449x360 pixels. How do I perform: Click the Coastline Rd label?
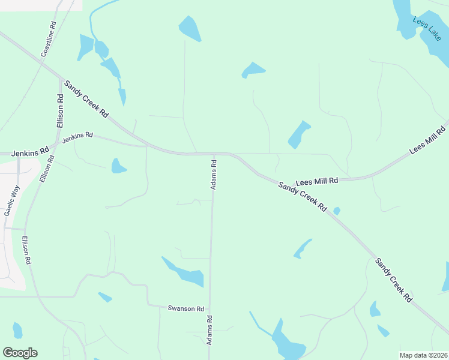pyautogui.click(x=49, y=40)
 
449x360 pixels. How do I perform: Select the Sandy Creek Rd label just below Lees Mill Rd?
pyautogui.click(x=302, y=196)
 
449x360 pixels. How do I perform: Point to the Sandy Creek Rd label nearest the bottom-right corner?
pyautogui.click(x=394, y=280)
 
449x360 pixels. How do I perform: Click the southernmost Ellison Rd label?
pyautogui.click(x=26, y=251)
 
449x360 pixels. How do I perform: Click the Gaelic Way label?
pyautogui.click(x=12, y=200)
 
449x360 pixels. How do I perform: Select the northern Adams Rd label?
pyautogui.click(x=213, y=174)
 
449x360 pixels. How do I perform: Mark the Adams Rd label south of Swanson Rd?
pyautogui.click(x=209, y=331)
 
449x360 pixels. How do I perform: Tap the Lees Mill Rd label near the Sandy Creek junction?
pyautogui.click(x=317, y=181)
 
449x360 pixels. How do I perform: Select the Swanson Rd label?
pyautogui.click(x=186, y=308)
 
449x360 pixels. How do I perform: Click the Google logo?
pyautogui.click(x=20, y=353)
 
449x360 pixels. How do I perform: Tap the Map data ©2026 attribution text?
pyautogui.click(x=423, y=355)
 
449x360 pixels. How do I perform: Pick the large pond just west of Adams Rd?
pyautogui.click(x=184, y=272)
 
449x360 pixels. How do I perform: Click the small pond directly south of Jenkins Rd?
pyautogui.click(x=118, y=166)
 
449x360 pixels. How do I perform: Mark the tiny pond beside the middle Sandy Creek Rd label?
pyautogui.click(x=337, y=211)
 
